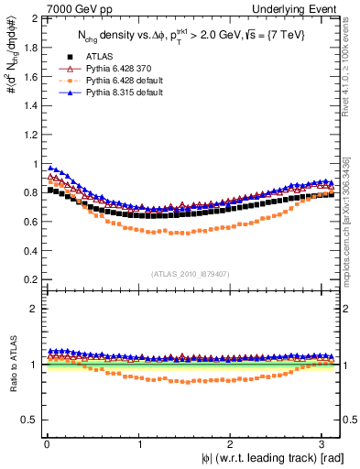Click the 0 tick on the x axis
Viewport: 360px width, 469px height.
click(x=46, y=444)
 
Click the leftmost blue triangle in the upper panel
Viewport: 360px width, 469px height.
click(x=50, y=168)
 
